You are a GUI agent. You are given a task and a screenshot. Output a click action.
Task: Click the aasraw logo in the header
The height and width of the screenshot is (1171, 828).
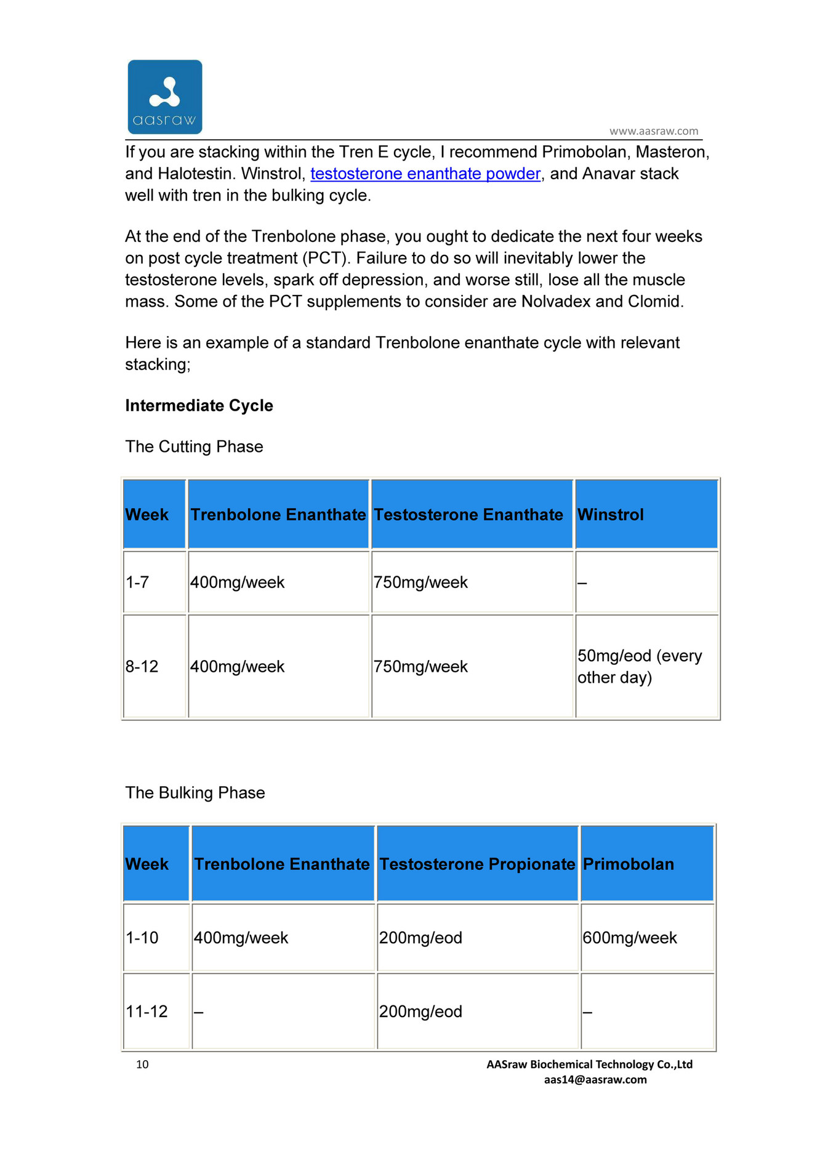pos(165,97)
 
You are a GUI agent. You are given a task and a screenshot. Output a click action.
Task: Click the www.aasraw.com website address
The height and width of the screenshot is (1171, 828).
pos(654,131)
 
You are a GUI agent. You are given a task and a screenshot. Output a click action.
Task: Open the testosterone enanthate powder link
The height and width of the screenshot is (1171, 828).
pos(425,174)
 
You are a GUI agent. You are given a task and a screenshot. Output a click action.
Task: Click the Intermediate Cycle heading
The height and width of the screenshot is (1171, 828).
pos(199,406)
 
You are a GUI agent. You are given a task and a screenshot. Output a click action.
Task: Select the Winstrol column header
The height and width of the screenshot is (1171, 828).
pos(611,515)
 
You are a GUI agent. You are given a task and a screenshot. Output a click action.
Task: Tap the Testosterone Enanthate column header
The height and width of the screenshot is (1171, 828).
pos(468,515)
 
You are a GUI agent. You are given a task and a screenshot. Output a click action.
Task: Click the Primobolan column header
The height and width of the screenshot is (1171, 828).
pos(629,864)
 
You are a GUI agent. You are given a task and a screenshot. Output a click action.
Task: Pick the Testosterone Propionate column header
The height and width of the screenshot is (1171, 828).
pos(477,864)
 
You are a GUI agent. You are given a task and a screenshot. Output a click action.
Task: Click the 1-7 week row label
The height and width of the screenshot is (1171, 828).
pos(137,582)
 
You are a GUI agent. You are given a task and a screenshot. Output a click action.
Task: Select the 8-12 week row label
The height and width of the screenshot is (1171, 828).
pos(142,667)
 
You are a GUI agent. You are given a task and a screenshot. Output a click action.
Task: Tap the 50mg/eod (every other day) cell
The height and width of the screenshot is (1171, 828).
pos(640,667)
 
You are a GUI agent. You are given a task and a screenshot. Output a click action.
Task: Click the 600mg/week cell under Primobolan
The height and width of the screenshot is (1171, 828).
pos(630,938)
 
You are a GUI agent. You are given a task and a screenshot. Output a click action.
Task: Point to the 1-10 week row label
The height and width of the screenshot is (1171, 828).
pos(142,938)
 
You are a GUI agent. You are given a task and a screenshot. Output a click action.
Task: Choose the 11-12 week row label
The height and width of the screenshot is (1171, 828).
pos(147,1012)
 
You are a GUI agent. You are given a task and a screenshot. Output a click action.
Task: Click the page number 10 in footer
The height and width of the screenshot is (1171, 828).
pos(142,1064)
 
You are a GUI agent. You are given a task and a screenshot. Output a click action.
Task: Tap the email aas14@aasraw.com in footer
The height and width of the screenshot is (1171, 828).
pos(595,1079)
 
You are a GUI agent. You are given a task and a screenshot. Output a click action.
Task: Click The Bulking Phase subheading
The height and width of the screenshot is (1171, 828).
pos(195,793)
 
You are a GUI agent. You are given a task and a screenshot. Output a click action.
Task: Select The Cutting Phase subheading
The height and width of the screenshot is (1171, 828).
pos(194,447)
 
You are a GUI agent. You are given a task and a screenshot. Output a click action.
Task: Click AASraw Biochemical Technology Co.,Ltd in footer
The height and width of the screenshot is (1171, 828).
pos(589,1064)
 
